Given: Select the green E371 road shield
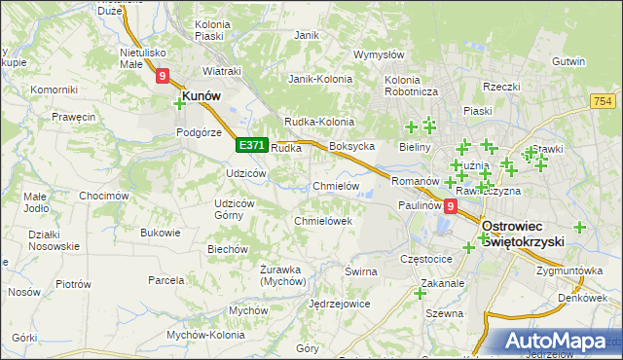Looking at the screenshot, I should tap(251, 145).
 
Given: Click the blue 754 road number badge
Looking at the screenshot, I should tap(602, 101).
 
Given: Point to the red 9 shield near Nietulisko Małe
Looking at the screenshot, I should tap(163, 75).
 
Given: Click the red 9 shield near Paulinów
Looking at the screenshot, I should tap(450, 206).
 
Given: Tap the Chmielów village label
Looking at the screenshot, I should tap(337, 186).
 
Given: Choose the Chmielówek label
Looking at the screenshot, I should tap(322, 221).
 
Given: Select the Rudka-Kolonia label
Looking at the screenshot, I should tap(317, 121).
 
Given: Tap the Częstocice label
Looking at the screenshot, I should tap(427, 260).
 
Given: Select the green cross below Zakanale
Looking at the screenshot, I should tap(421, 293).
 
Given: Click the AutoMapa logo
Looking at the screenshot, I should tap(559, 342).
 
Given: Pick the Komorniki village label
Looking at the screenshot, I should tap(54, 90).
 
